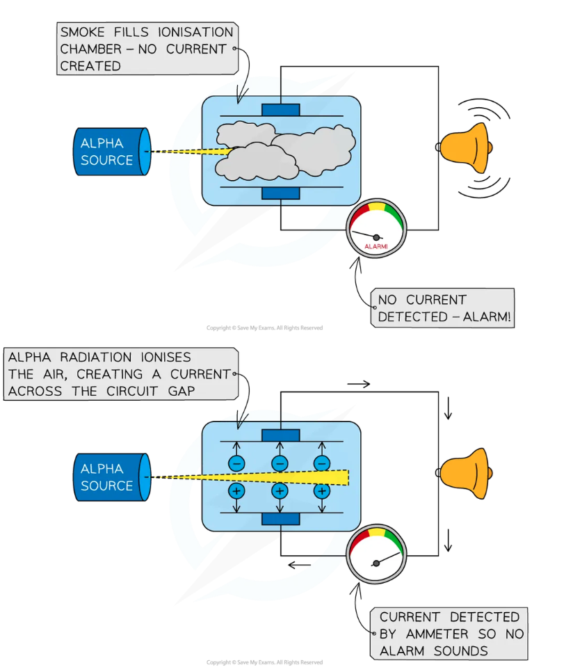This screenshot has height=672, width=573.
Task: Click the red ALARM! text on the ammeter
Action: [x=376, y=246]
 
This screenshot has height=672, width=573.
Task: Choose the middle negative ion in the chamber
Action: [x=280, y=463]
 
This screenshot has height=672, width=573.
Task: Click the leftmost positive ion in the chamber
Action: [x=236, y=491]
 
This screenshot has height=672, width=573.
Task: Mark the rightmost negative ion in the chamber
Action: [x=321, y=463]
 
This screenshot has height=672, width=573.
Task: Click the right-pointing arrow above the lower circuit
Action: [x=359, y=383]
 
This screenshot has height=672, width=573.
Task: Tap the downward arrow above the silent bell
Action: [x=449, y=410]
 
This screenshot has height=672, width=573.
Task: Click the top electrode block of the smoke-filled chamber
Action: [x=280, y=110]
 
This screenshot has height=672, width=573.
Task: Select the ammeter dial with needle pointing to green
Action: [x=376, y=557]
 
